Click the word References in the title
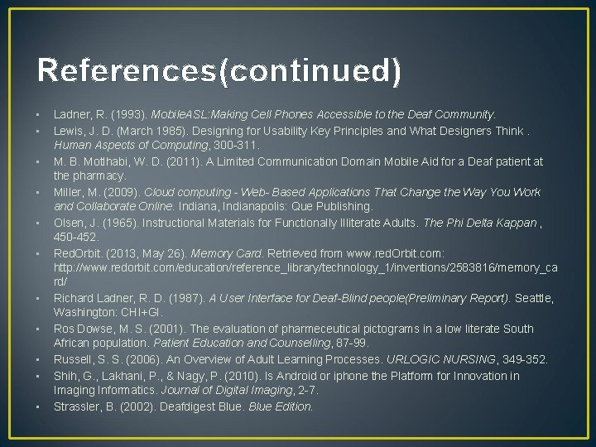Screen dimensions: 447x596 (125, 72)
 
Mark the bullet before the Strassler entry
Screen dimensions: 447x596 (39, 406)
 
